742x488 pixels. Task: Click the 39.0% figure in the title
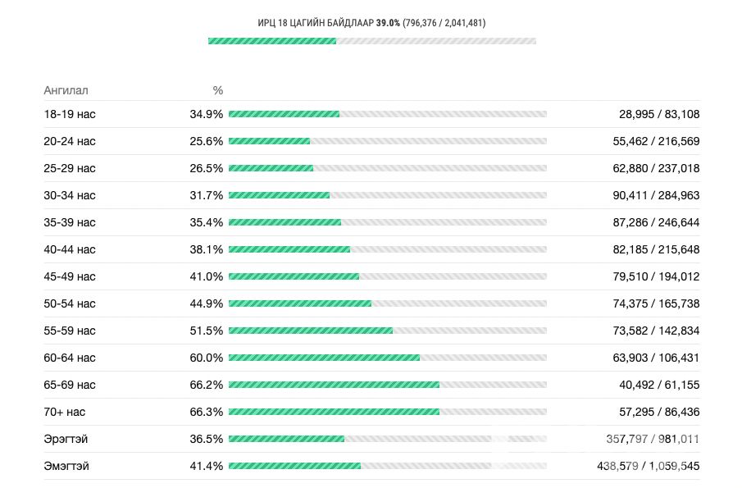388,23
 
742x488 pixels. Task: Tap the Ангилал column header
66,90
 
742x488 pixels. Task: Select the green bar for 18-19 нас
284,114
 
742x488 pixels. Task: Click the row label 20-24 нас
70,141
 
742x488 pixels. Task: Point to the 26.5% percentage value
206,168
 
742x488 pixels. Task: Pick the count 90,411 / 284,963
656,195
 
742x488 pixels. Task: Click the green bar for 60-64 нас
324,358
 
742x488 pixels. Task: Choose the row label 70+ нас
65,412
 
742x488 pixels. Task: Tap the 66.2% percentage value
206,385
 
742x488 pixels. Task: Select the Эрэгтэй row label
66,439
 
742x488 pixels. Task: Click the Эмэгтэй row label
66,466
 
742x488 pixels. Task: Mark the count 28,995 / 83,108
659,114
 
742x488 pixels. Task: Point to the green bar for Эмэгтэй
294,466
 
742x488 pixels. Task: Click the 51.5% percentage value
206,331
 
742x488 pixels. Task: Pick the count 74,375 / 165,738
656,303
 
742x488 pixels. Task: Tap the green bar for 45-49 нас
294,276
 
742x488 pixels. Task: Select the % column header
218,90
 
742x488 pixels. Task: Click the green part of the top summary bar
272,41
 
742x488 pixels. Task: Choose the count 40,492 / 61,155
659,385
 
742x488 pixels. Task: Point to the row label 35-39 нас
70,222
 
